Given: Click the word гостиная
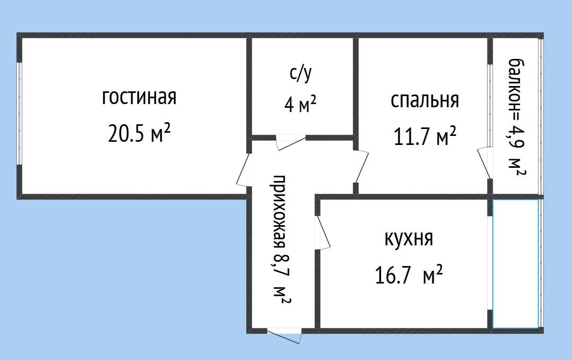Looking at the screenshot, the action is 139,98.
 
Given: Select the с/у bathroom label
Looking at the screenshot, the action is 301,74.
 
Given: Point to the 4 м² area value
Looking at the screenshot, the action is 300,105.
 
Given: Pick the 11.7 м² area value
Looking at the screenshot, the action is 425,136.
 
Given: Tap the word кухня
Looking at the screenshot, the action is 409,239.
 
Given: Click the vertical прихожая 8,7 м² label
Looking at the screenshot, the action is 282,239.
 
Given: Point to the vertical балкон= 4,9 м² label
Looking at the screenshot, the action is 517,117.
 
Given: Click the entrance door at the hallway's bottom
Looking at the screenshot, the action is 284,335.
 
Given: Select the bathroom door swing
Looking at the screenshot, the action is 290,142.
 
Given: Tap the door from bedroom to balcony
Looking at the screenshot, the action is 485,163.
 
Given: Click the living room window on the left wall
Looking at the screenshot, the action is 19,114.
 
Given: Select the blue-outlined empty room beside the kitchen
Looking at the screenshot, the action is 515,263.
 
